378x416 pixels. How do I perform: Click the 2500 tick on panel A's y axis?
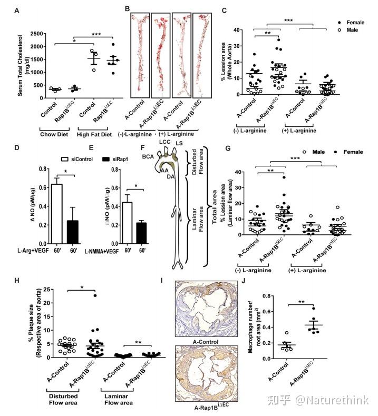click(25, 33)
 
